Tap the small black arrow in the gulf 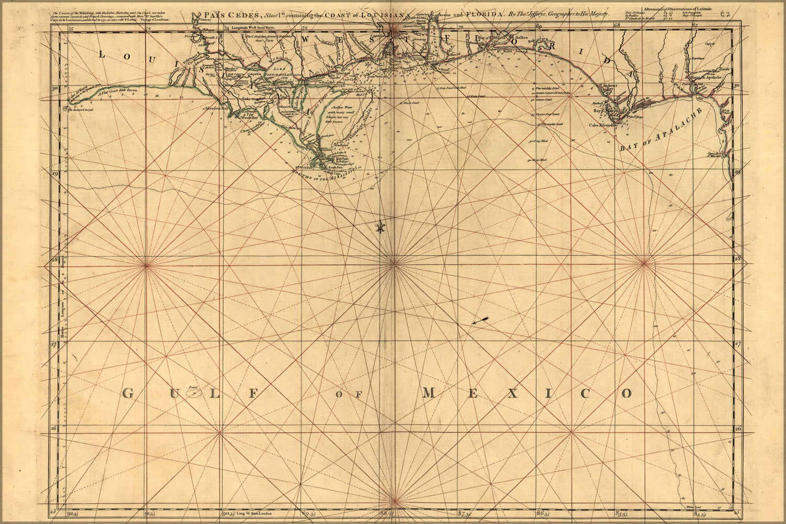coord(480,320)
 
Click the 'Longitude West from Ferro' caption coord(253,27)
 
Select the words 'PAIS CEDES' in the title coord(238,15)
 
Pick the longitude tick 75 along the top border coord(71,29)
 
